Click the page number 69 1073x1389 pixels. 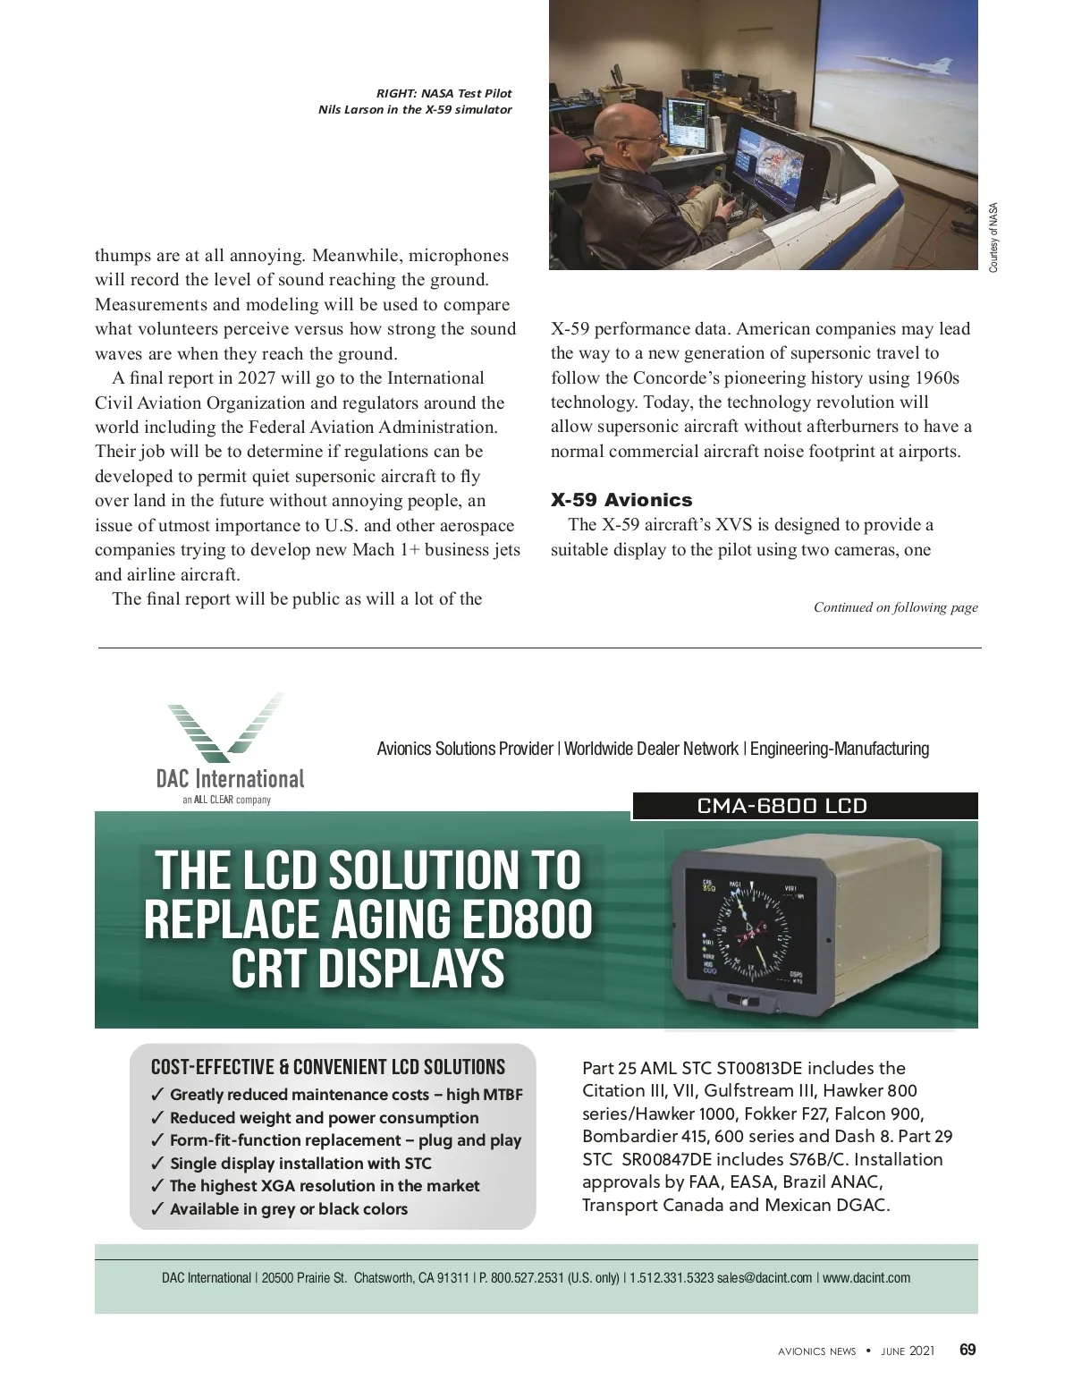tap(967, 1351)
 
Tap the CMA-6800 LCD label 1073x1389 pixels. tap(782, 806)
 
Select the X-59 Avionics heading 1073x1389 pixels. tap(621, 500)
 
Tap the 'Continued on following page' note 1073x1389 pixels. tap(895, 607)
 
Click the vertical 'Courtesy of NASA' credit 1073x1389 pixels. tap(993, 239)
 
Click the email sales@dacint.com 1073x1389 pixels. tap(765, 1278)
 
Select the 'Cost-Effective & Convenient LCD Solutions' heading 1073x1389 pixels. tap(328, 1067)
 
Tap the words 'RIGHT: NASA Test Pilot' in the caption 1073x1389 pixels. tap(444, 93)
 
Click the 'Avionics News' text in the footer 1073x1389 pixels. tap(816, 1351)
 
